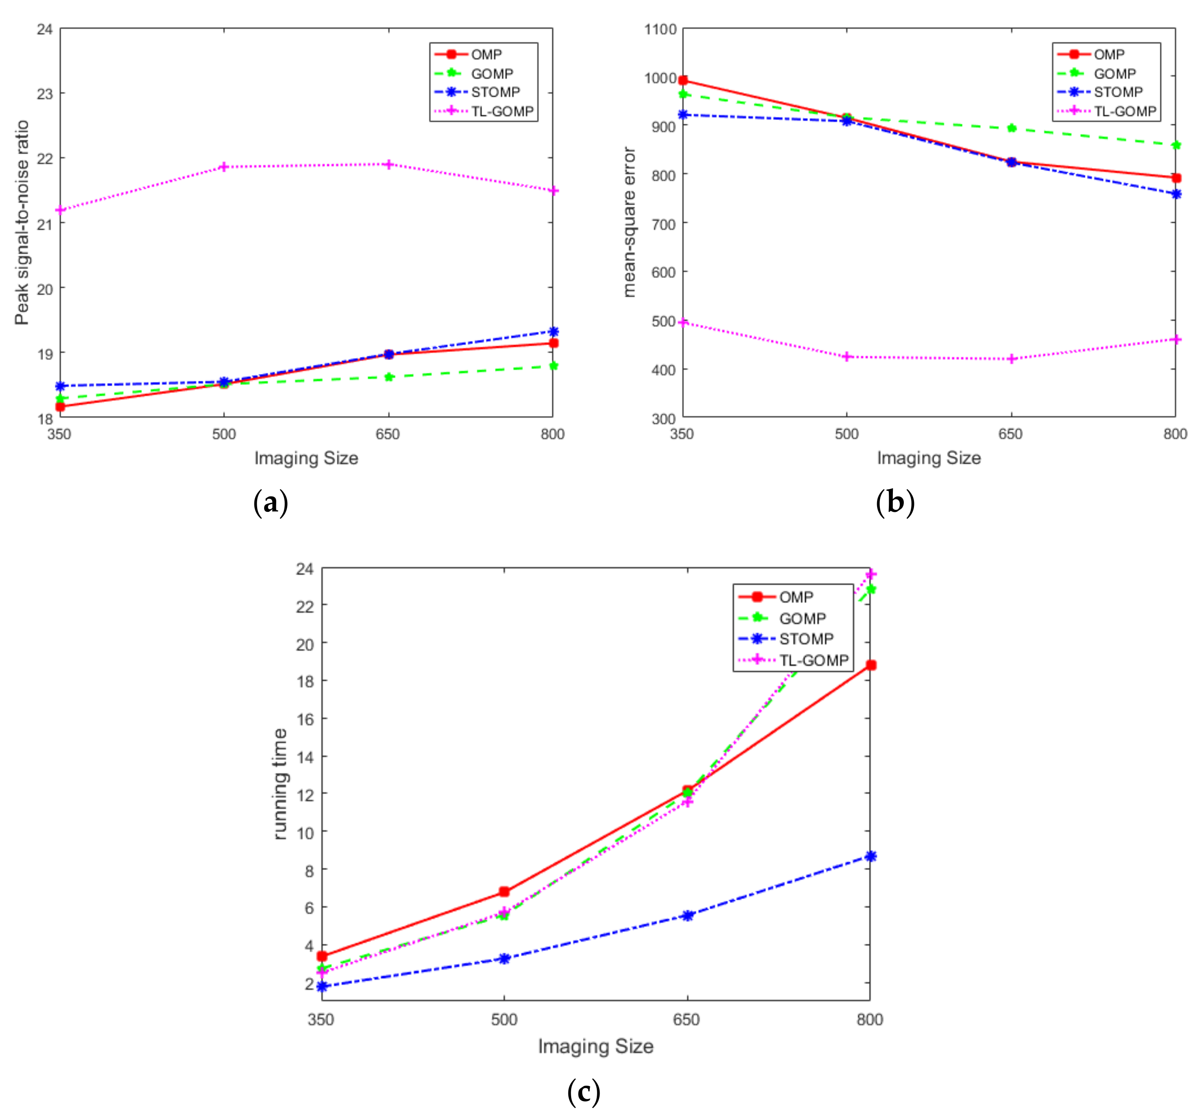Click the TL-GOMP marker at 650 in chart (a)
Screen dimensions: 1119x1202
(x=388, y=164)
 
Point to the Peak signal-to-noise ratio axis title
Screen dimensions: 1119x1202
(x=22, y=223)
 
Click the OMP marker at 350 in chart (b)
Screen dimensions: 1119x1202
(x=683, y=80)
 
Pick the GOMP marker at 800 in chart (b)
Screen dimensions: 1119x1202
(x=1175, y=145)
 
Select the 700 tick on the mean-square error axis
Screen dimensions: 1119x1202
(x=664, y=224)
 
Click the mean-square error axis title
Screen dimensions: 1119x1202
(x=630, y=223)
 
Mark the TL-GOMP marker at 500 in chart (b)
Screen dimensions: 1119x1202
(x=847, y=357)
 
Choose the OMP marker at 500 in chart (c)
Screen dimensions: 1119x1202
(x=504, y=892)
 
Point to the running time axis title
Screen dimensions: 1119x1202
(x=280, y=784)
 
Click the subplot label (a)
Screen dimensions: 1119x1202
(x=270, y=503)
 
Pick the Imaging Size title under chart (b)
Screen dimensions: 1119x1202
(x=928, y=458)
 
